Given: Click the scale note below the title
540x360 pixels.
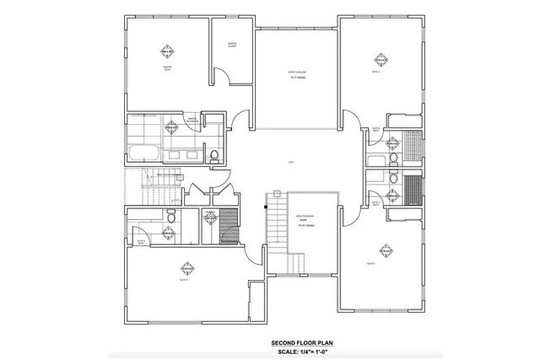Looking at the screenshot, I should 300,352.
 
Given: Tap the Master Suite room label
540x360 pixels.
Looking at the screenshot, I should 167,67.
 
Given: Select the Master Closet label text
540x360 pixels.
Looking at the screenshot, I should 230,45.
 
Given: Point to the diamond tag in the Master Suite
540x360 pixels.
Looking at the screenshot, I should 167,51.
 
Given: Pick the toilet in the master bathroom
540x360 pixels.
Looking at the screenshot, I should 214,155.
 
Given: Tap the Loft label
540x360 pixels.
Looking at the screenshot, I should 291,162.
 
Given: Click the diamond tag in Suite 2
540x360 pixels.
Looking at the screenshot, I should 381,61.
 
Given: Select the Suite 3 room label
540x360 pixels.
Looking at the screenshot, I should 371,264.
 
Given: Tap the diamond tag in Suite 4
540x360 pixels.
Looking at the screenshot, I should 186,270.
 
